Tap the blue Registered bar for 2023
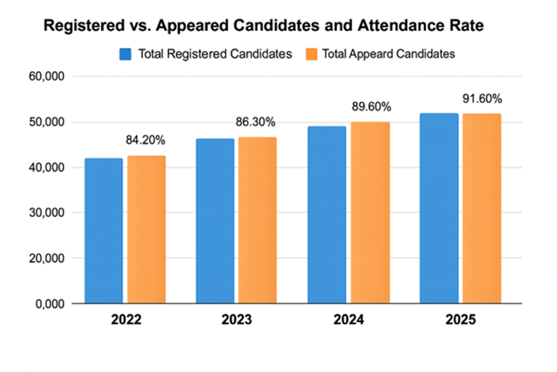coord(215,221)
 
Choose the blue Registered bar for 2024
coord(327,215)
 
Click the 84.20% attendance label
coord(146,140)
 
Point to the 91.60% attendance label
coord(482,98)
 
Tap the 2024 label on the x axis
coord(349,320)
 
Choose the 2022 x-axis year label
coord(125,320)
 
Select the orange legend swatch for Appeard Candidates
coord(311,54)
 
